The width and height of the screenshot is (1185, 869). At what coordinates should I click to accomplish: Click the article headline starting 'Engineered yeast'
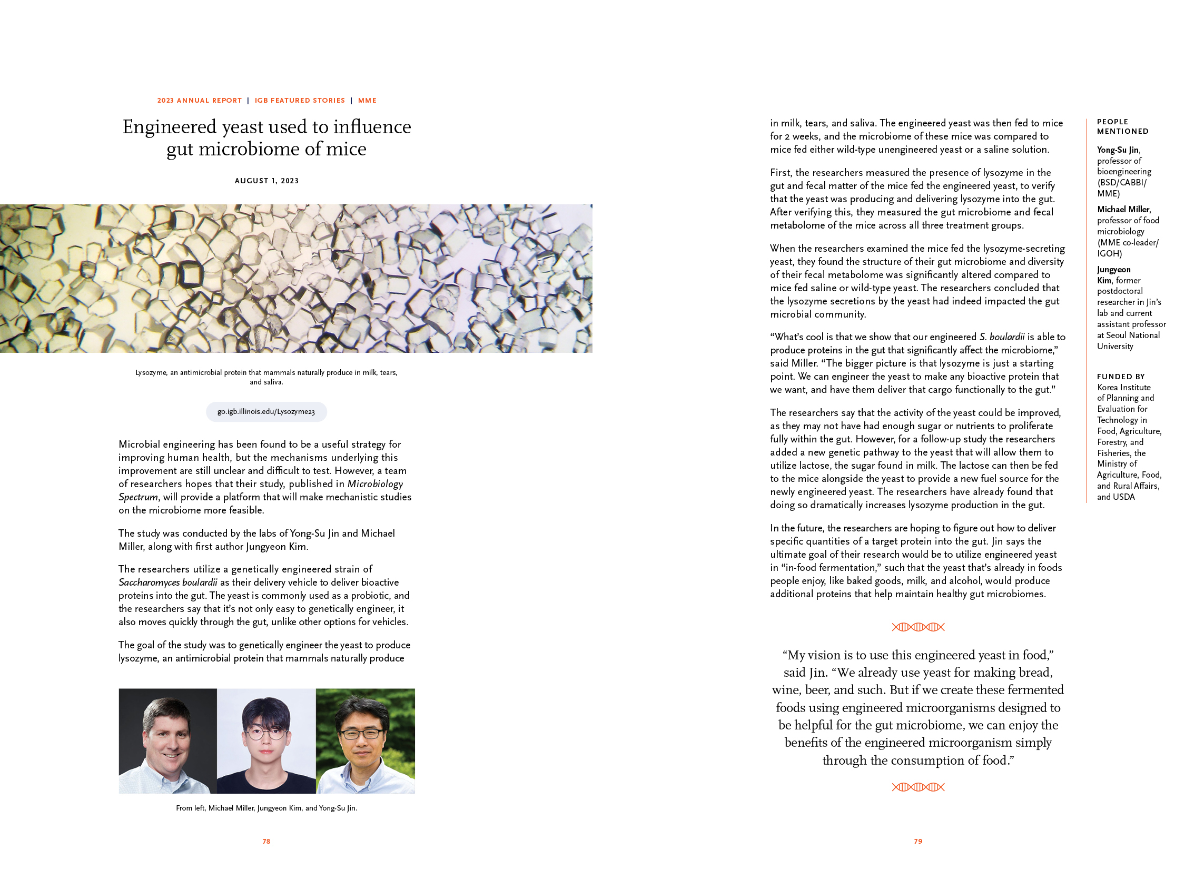(x=266, y=137)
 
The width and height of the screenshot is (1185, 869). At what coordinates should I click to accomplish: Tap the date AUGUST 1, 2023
(x=266, y=181)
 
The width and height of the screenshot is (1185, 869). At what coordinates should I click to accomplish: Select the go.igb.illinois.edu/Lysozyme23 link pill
(x=266, y=411)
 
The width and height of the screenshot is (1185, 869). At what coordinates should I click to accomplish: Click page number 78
(x=266, y=841)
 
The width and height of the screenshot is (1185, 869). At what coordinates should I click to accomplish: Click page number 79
(x=918, y=841)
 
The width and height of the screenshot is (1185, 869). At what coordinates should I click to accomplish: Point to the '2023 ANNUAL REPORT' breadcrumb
(x=199, y=101)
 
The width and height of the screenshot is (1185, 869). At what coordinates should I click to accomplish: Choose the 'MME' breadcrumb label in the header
(x=367, y=101)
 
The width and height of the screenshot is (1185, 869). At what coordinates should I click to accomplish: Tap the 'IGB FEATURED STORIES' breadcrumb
(x=300, y=101)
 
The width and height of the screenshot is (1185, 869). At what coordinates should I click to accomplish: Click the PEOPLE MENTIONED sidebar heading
(x=1122, y=126)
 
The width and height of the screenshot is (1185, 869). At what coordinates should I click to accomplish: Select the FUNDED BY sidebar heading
(x=1121, y=377)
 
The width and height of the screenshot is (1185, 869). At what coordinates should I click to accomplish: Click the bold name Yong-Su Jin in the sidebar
(x=1118, y=150)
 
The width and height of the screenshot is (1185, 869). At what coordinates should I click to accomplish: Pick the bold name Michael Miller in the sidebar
(x=1123, y=209)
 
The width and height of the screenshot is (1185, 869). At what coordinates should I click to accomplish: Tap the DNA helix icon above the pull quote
(x=918, y=627)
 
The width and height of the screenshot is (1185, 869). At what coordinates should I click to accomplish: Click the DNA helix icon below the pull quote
(x=918, y=787)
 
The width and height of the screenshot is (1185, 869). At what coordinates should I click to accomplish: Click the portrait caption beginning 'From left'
(x=266, y=808)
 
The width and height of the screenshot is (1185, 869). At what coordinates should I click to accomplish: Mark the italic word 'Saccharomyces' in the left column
(x=149, y=582)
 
